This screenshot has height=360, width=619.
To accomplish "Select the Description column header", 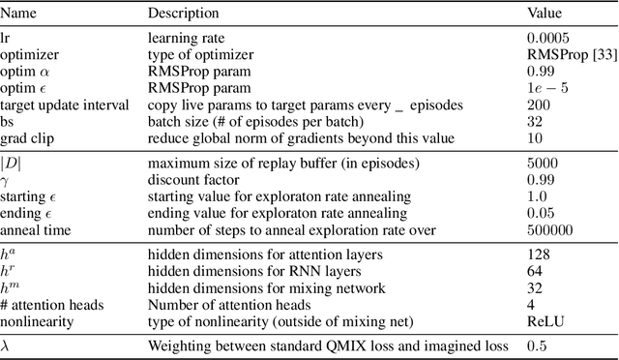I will [184, 14].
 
